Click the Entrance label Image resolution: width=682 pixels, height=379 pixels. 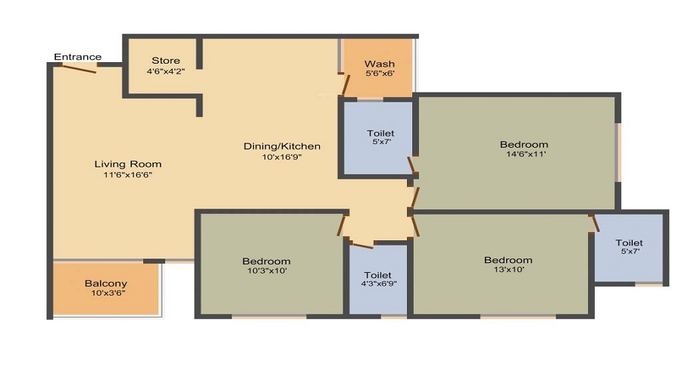tap(78, 57)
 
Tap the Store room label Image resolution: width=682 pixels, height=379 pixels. tap(165, 61)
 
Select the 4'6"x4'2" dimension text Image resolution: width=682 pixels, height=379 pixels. tap(165, 71)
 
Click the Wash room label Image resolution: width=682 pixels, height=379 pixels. tap(380, 64)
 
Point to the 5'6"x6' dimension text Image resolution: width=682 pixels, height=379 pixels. tap(380, 74)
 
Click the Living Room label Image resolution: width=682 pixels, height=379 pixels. tap(127, 164)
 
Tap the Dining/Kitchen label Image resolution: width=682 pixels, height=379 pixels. tap(282, 146)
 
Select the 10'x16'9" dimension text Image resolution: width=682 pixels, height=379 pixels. tap(282, 157)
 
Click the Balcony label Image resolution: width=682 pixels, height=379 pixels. tap(105, 283)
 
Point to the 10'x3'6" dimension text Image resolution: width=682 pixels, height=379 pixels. tap(105, 294)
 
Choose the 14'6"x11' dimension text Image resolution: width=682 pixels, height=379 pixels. tap(524, 155)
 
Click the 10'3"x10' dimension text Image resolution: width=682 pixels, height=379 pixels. tap(267, 271)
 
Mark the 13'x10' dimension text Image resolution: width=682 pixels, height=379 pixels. tap(508, 270)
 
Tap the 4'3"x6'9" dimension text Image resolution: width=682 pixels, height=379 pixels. tap(377, 285)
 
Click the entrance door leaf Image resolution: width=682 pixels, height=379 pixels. tap(79, 68)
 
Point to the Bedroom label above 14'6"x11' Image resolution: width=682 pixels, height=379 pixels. tap(524, 144)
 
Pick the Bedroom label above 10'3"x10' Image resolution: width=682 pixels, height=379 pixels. tap(267, 261)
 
